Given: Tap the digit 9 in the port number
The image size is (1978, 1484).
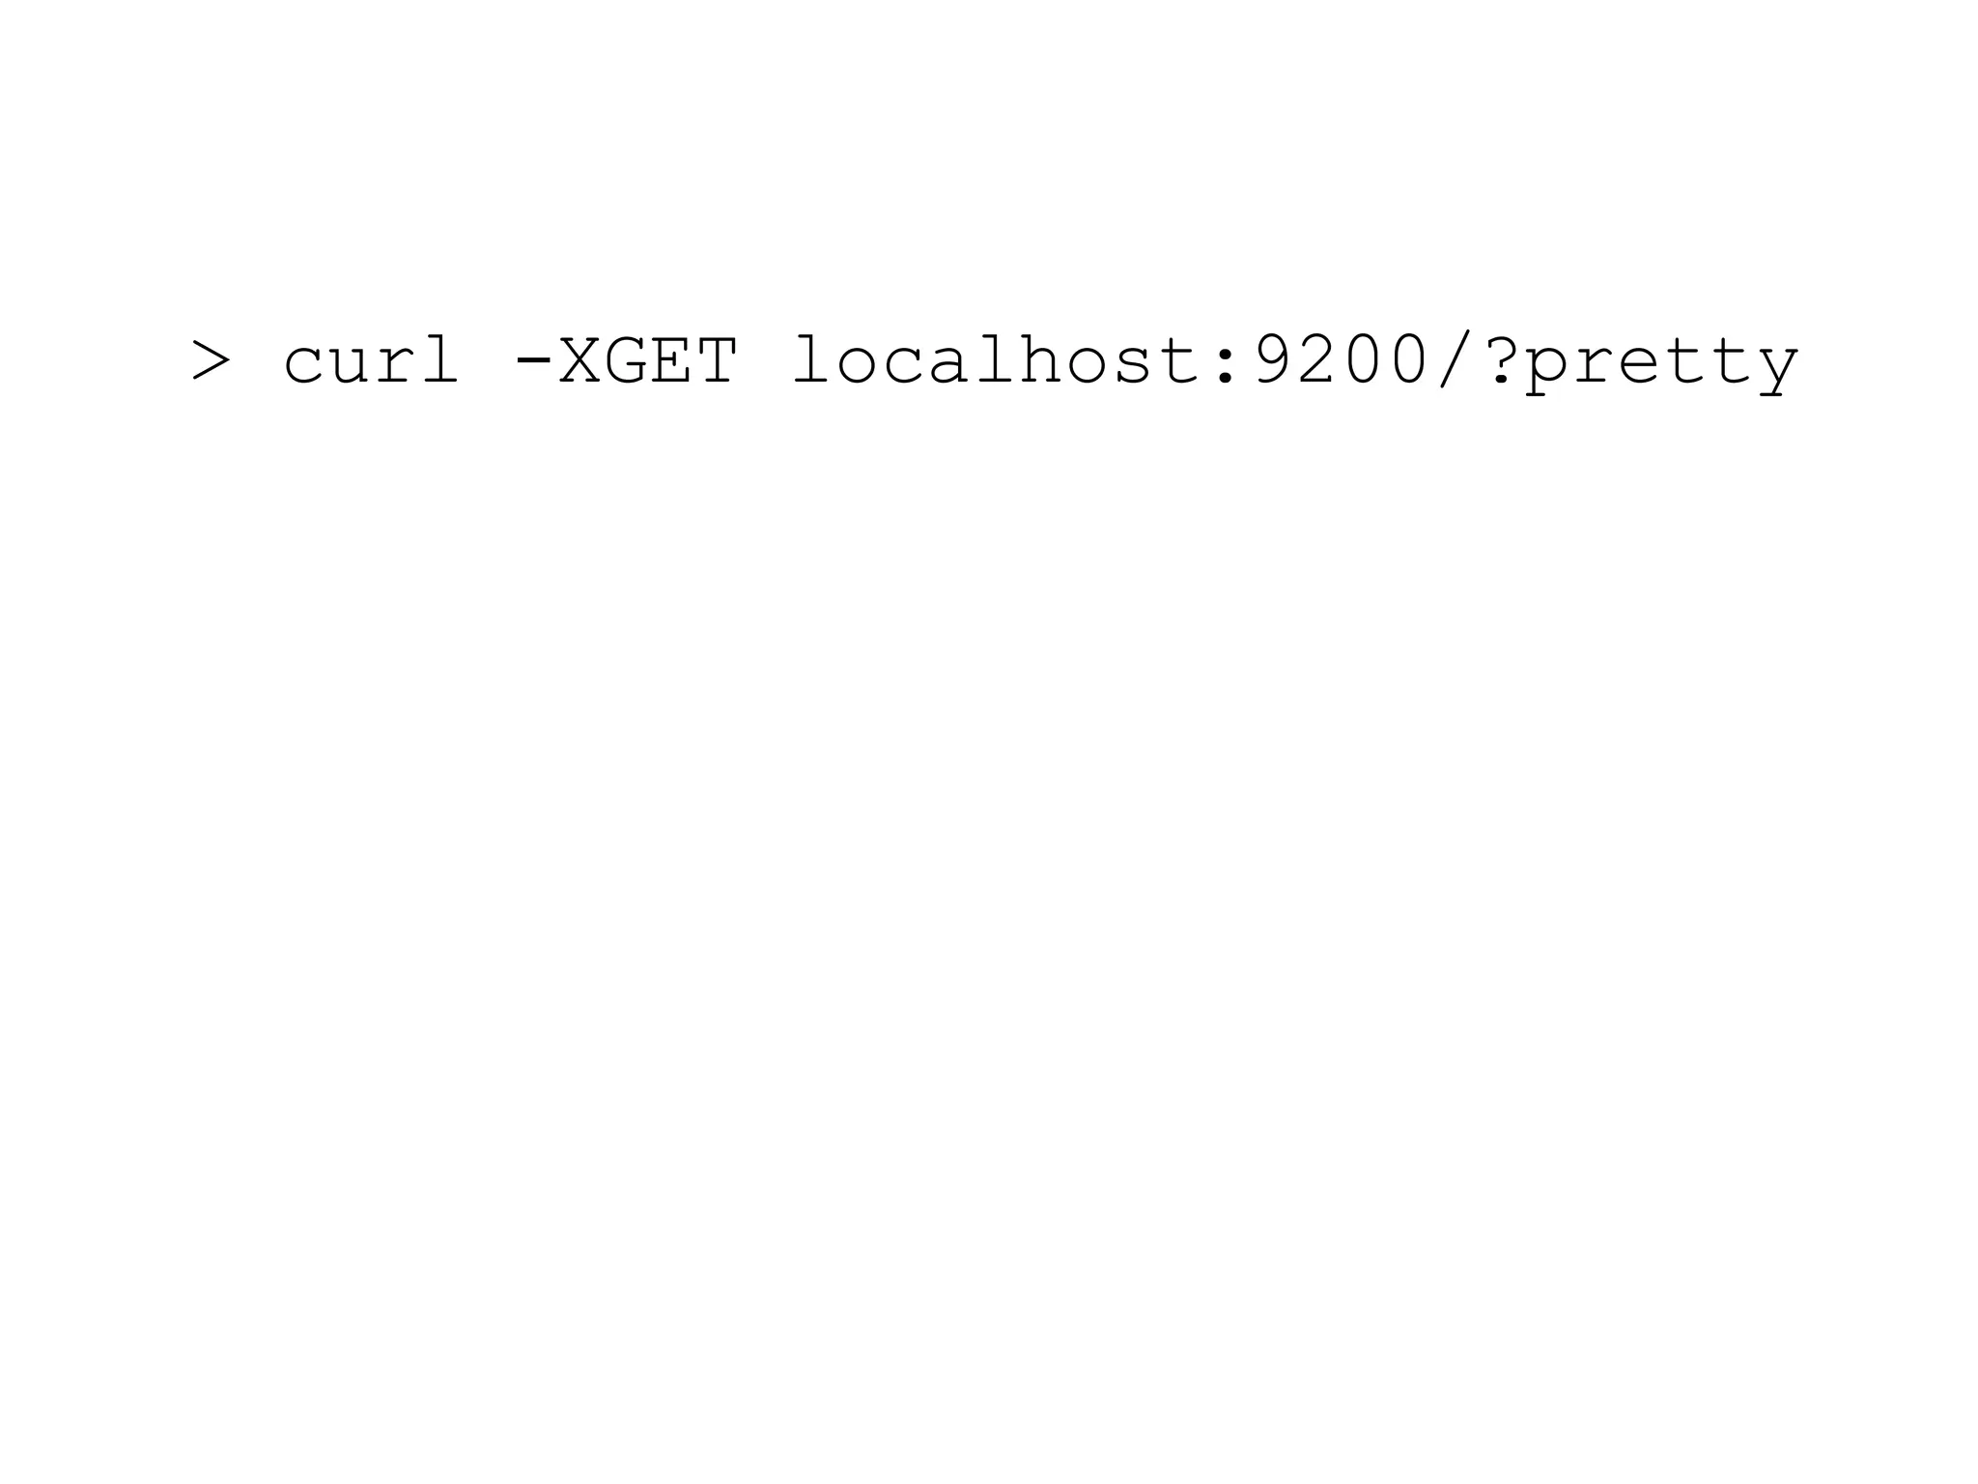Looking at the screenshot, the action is [1272, 359].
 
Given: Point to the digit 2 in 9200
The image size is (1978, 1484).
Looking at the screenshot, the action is [1318, 359].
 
